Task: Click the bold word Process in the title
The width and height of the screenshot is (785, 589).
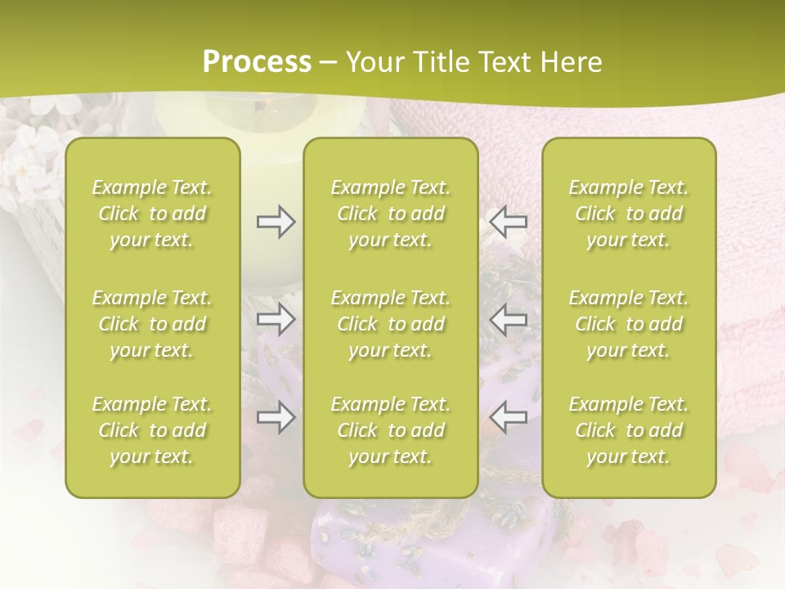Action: (257, 62)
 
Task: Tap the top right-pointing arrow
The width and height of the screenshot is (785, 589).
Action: (276, 222)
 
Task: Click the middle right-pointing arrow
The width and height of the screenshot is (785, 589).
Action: (276, 319)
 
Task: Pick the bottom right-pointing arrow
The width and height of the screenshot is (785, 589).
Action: (276, 418)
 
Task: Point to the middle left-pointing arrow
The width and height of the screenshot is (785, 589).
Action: (509, 319)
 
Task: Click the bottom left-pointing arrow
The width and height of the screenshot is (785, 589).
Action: (509, 416)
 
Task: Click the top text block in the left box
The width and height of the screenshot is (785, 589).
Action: (152, 214)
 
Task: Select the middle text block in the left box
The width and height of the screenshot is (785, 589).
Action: (152, 324)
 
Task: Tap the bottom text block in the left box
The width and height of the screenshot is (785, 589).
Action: (152, 430)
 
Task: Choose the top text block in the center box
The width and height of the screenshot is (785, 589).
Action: (391, 214)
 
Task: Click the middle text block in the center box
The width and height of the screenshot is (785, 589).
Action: (391, 324)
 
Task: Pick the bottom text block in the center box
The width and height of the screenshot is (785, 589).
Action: (391, 430)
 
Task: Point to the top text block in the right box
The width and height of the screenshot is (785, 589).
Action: (629, 214)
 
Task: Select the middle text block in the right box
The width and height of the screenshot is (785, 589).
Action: (629, 324)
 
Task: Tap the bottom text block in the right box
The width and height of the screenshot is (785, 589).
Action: (629, 430)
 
